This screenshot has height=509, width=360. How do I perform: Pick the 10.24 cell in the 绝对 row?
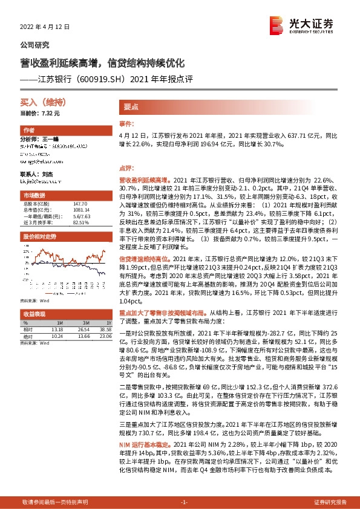pos(57,336)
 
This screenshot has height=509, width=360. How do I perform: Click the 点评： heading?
pos(125,169)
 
